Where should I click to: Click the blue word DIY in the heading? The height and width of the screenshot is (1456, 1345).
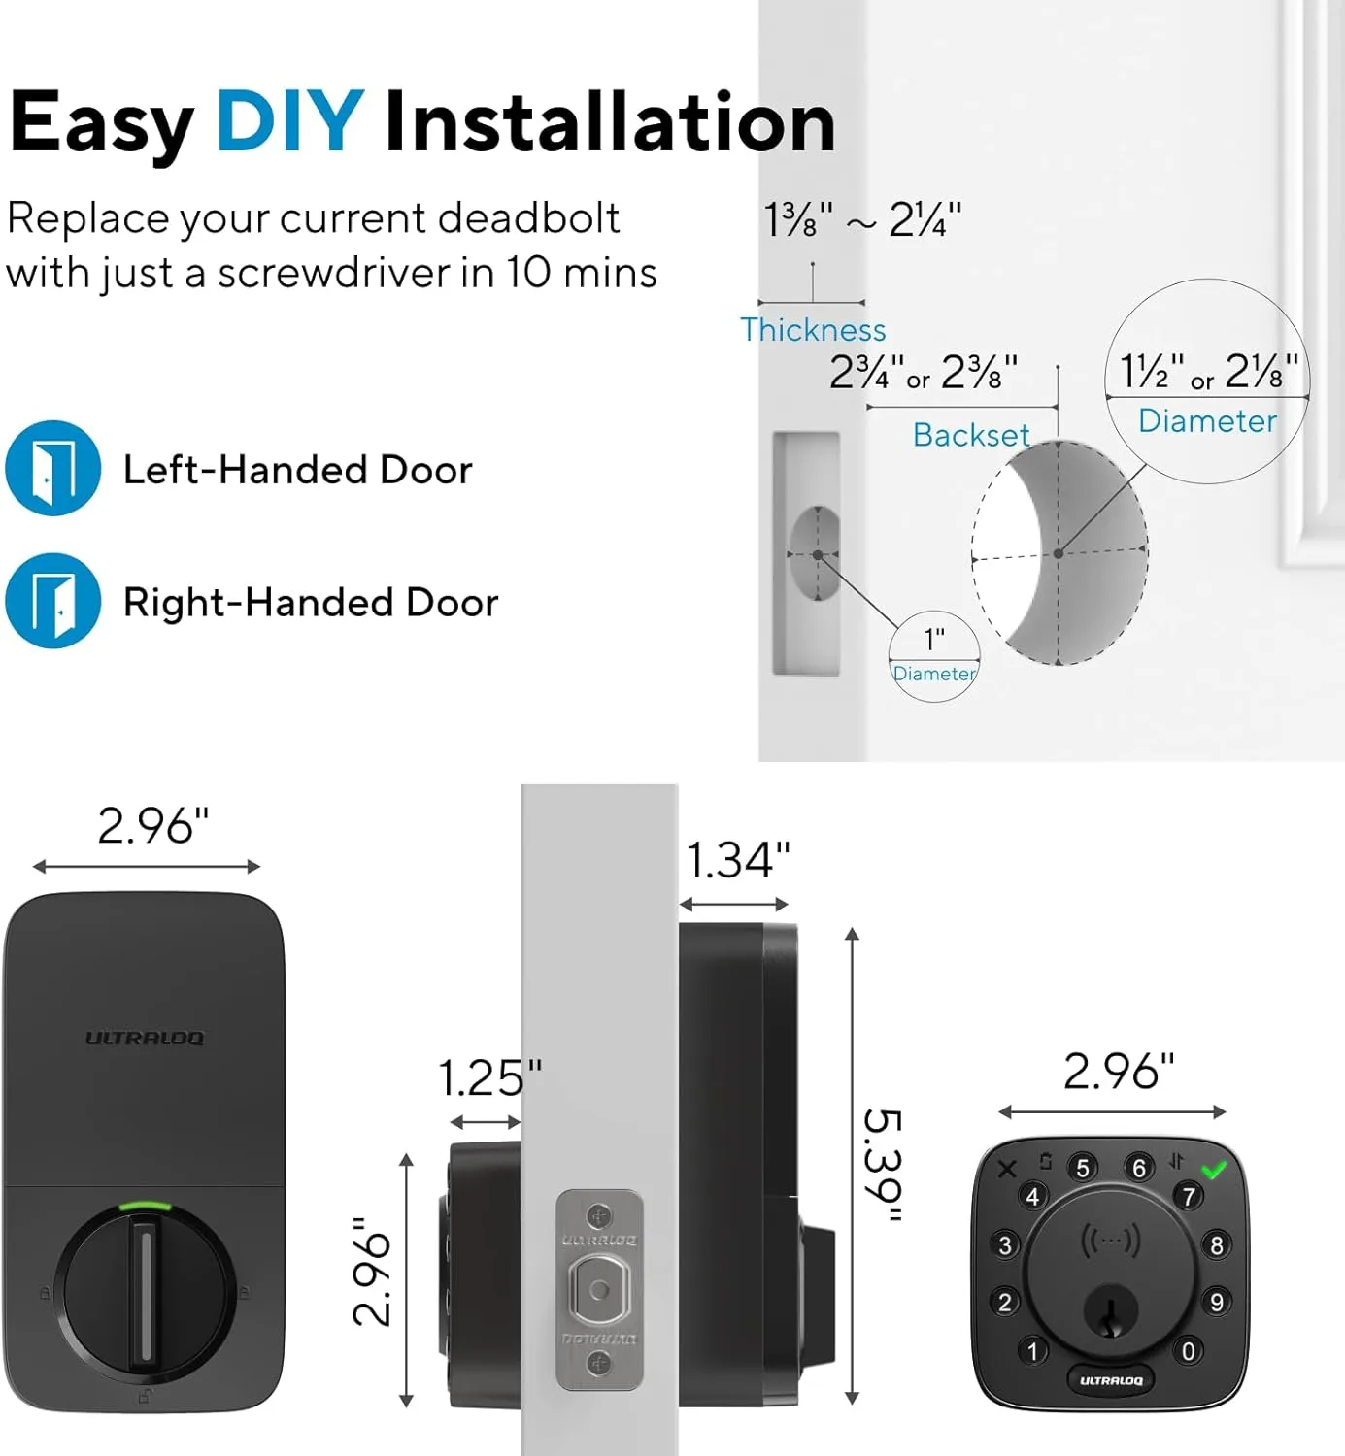[289, 122]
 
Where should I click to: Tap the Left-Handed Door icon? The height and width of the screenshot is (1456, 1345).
[53, 468]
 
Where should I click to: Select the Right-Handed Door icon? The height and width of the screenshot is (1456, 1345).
[53, 601]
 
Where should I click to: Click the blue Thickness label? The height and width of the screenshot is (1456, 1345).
[813, 330]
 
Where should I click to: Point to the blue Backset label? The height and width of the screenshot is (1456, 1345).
[971, 435]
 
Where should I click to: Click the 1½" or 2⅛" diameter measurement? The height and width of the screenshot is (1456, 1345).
[1208, 371]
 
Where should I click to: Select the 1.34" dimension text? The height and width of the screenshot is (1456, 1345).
[738, 860]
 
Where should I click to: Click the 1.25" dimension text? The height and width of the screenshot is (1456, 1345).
[489, 1078]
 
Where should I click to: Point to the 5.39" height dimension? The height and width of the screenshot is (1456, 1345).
[883, 1165]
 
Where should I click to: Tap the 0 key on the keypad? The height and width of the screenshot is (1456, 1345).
[1188, 1350]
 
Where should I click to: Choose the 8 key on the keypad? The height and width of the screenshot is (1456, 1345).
[1216, 1245]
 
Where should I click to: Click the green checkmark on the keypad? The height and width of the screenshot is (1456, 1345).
[1214, 1170]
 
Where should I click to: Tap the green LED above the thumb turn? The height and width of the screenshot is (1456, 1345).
[144, 1208]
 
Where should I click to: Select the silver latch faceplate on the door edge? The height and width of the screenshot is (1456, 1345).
[599, 1290]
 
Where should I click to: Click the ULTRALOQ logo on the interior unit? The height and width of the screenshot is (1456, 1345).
[145, 1038]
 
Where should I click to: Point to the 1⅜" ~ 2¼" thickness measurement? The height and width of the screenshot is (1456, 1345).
[861, 220]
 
